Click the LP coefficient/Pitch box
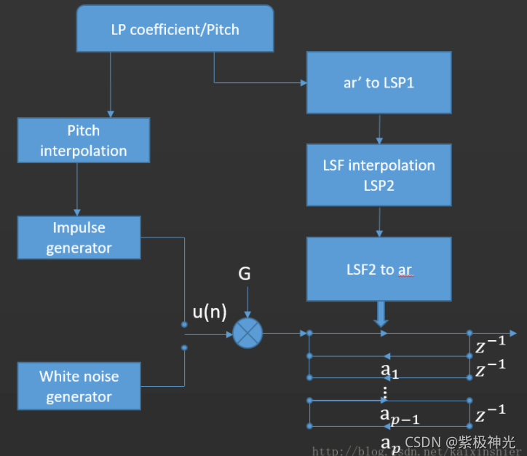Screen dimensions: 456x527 pos(175,30)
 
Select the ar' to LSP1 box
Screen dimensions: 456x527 pos(379,82)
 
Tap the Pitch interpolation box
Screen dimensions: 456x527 pos(83,141)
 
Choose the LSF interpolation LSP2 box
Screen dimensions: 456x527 pos(379,175)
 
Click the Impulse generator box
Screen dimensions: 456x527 pos(79,237)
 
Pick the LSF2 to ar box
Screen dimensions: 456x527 pos(379,269)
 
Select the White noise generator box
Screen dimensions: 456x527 pos(79,386)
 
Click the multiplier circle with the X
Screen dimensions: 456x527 pos(247,334)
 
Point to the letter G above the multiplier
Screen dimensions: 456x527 pos(245,275)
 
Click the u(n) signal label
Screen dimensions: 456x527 pos(209,312)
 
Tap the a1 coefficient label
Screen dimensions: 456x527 pos(389,371)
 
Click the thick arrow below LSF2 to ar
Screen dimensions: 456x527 pos(381,315)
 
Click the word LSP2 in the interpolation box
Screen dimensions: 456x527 pos(379,185)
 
